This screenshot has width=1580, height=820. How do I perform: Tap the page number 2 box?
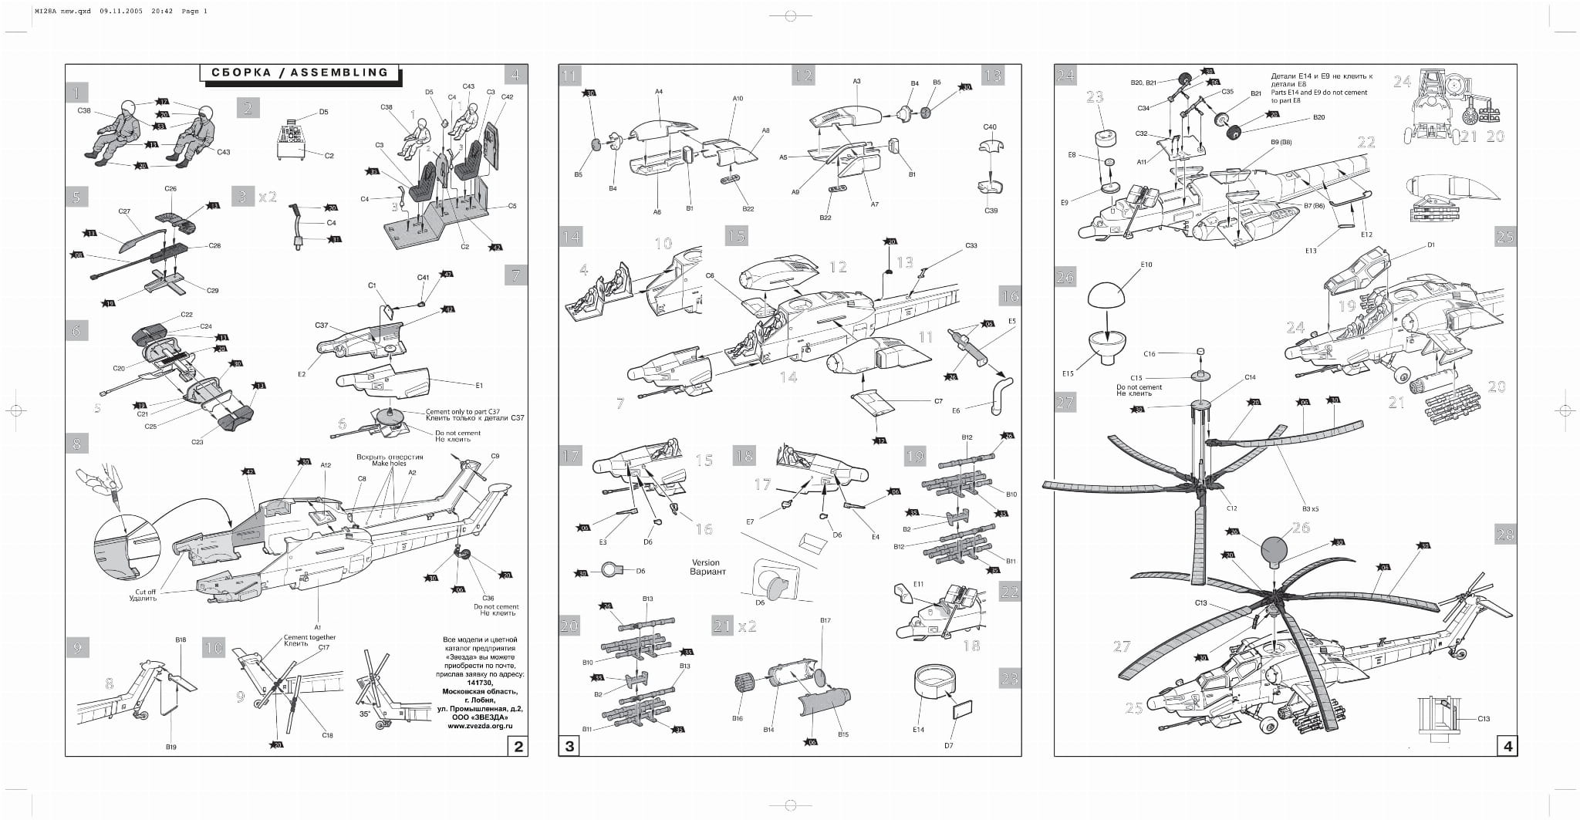tap(518, 746)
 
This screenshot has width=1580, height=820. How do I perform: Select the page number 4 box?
tap(1507, 746)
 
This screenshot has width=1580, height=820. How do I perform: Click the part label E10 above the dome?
tap(1146, 265)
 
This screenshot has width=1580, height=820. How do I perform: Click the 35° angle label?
tap(365, 714)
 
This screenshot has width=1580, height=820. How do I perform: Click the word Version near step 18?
tap(705, 562)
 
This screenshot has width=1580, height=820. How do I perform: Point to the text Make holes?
tap(390, 464)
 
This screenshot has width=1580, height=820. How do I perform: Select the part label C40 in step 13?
tap(990, 127)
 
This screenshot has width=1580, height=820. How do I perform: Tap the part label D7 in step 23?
tap(948, 745)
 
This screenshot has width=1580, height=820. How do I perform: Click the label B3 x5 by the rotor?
tap(1311, 509)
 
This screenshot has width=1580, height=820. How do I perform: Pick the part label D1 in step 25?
tap(1431, 245)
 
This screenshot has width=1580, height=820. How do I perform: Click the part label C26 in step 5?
tap(170, 189)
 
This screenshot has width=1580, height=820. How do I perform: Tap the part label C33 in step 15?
tap(971, 245)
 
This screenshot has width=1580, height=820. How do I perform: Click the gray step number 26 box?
tap(1065, 277)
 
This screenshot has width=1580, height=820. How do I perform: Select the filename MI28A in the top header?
tap(46, 12)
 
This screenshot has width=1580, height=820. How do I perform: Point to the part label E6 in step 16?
tap(956, 410)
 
